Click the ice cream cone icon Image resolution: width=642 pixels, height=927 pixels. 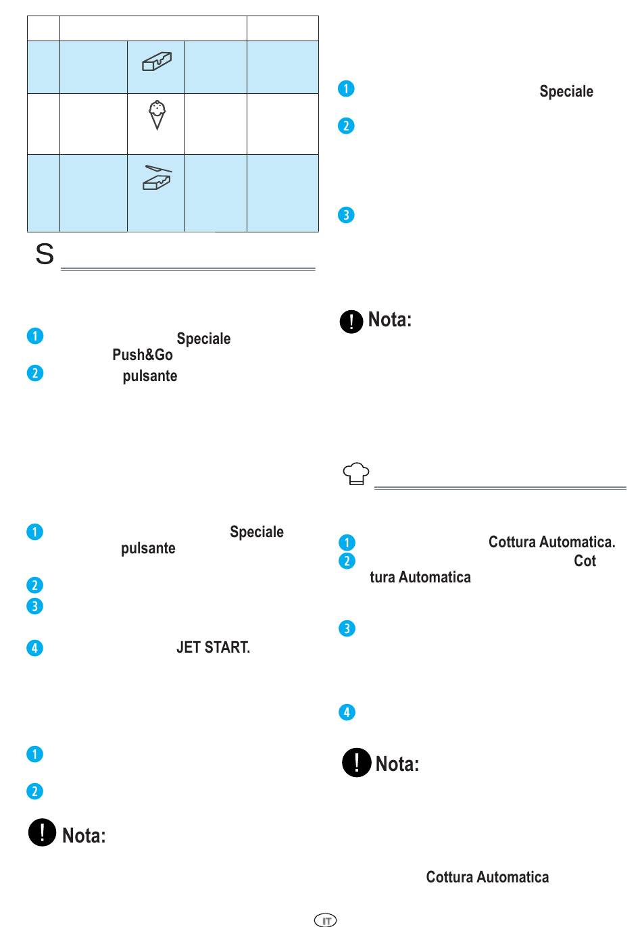(157, 115)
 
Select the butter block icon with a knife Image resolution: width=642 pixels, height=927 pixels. (157, 178)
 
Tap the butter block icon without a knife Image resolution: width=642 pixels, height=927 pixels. (157, 62)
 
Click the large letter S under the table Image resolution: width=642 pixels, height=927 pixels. (45, 254)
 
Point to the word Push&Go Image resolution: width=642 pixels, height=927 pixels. (143, 355)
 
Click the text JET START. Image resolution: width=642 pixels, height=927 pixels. (213, 647)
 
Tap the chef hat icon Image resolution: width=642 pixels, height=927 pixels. (357, 474)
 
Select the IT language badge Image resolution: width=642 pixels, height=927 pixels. (326, 920)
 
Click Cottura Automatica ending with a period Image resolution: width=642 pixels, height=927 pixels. (551, 542)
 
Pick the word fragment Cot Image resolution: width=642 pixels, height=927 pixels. (585, 561)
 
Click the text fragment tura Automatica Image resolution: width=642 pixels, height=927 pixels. (420, 577)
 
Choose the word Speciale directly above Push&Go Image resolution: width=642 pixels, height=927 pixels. (203, 339)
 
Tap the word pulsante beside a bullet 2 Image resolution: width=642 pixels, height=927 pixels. (150, 376)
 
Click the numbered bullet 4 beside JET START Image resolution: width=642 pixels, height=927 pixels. (34, 648)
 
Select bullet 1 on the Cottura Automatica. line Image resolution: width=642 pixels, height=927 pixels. (347, 543)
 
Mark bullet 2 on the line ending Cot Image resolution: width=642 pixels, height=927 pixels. (347, 561)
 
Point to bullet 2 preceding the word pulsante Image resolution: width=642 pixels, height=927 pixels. (34, 374)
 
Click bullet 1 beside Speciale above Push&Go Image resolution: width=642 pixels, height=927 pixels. (34, 336)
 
